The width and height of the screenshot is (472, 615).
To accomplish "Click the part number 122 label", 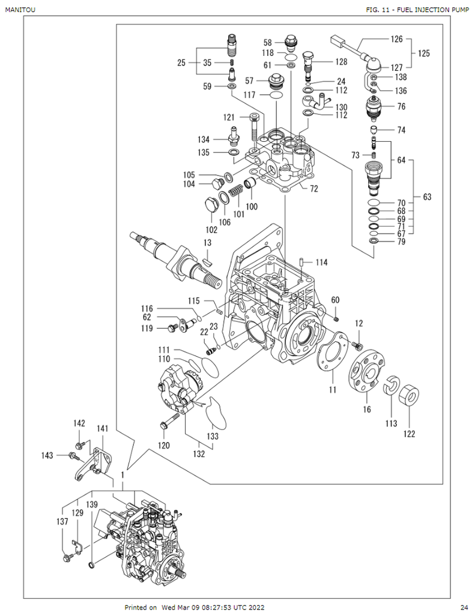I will (409, 433).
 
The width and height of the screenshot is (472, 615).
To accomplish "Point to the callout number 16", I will (367, 410).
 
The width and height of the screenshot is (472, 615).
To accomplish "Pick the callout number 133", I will (213, 436).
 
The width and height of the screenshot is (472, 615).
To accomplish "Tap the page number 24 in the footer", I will (464, 607).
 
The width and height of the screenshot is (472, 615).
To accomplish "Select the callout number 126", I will (396, 40).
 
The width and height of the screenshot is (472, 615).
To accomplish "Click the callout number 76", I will (401, 107).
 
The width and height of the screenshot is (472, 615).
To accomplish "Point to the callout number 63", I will (427, 197).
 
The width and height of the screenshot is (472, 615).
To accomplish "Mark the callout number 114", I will (322, 262).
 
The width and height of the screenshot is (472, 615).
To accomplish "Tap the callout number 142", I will (80, 423).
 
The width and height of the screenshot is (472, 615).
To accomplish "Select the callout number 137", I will (62, 522).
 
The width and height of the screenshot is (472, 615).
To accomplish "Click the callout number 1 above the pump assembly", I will (123, 475).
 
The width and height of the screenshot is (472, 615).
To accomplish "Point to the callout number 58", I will (268, 43).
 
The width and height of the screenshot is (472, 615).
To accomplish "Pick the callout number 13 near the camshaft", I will (207, 243).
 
